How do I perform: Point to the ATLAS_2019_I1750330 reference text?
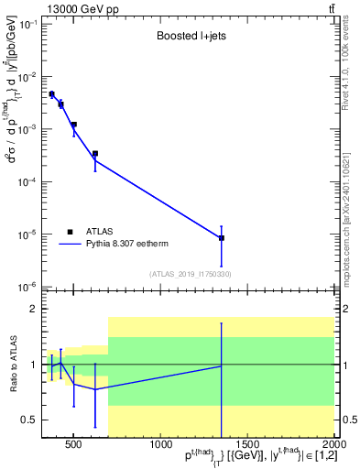click(x=190, y=274)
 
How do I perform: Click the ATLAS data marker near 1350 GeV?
click(x=222, y=238)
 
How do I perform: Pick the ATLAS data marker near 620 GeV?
click(x=94, y=154)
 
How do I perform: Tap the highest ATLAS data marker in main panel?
click(x=51, y=94)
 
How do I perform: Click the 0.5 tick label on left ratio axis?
click(x=27, y=420)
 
